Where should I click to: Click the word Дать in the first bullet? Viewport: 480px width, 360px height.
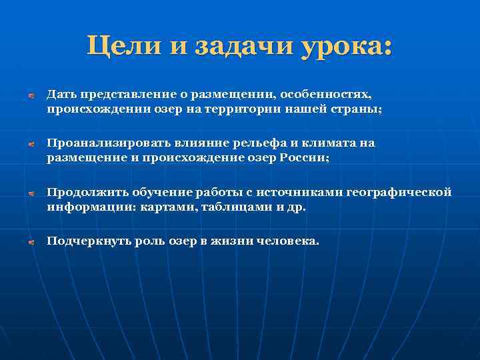pyautogui.click(x=59, y=95)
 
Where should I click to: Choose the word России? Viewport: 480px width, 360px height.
pyautogui.click(x=306, y=157)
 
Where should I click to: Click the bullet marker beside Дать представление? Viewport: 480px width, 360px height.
pyautogui.click(x=30, y=96)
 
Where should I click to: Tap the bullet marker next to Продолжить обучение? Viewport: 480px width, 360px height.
pyautogui.click(x=30, y=193)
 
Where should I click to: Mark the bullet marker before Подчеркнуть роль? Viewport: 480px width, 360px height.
pyautogui.click(x=30, y=242)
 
